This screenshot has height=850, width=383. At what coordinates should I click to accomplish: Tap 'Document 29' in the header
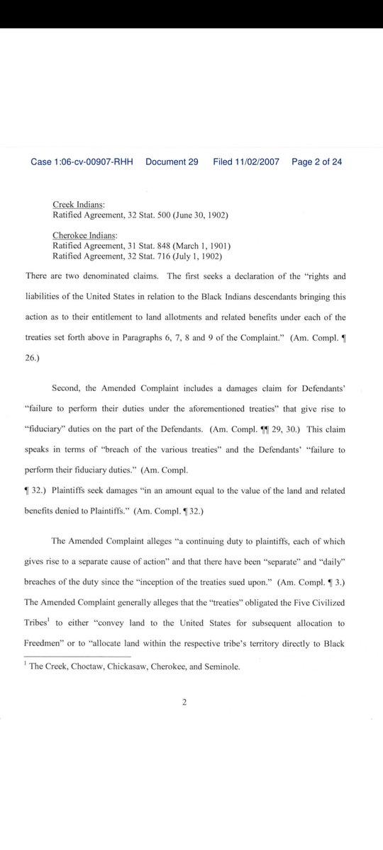pyautogui.click(x=172, y=162)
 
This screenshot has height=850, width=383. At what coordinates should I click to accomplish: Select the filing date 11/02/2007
pyautogui.click(x=258, y=162)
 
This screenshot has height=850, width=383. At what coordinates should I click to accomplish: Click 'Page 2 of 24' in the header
pyautogui.click(x=317, y=162)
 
